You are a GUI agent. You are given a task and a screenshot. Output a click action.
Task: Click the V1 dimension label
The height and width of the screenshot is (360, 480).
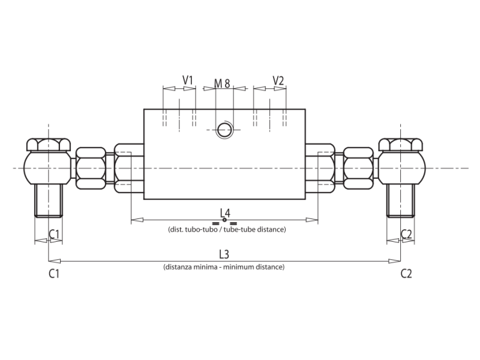[x=188, y=80]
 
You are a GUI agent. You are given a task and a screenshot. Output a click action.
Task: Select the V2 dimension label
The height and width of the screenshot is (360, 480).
[x=278, y=80]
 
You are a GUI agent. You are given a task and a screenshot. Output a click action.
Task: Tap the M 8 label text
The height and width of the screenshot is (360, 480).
[x=223, y=83]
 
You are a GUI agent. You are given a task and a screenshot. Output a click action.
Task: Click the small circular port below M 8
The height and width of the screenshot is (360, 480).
[x=225, y=129]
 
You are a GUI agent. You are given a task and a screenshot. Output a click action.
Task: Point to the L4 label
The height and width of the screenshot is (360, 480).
[x=225, y=212]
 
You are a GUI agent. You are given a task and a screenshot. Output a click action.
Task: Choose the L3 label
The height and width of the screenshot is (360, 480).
[x=224, y=254]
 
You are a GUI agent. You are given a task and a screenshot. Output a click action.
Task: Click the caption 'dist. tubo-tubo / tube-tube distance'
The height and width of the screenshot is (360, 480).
[x=226, y=229]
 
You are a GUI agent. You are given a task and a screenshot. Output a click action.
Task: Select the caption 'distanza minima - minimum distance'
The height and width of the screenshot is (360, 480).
[x=224, y=266]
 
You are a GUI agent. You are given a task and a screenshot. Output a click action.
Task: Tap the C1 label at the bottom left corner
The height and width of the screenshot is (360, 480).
[x=54, y=274]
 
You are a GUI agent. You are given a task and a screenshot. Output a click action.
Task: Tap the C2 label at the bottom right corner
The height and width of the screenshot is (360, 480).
[x=406, y=274]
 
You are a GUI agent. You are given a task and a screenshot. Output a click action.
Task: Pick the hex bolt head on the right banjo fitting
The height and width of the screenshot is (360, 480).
[x=401, y=145]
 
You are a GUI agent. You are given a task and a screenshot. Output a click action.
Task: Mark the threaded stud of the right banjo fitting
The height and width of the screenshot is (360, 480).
[x=401, y=201]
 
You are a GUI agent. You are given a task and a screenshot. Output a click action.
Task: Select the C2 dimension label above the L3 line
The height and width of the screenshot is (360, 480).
[x=406, y=234]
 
